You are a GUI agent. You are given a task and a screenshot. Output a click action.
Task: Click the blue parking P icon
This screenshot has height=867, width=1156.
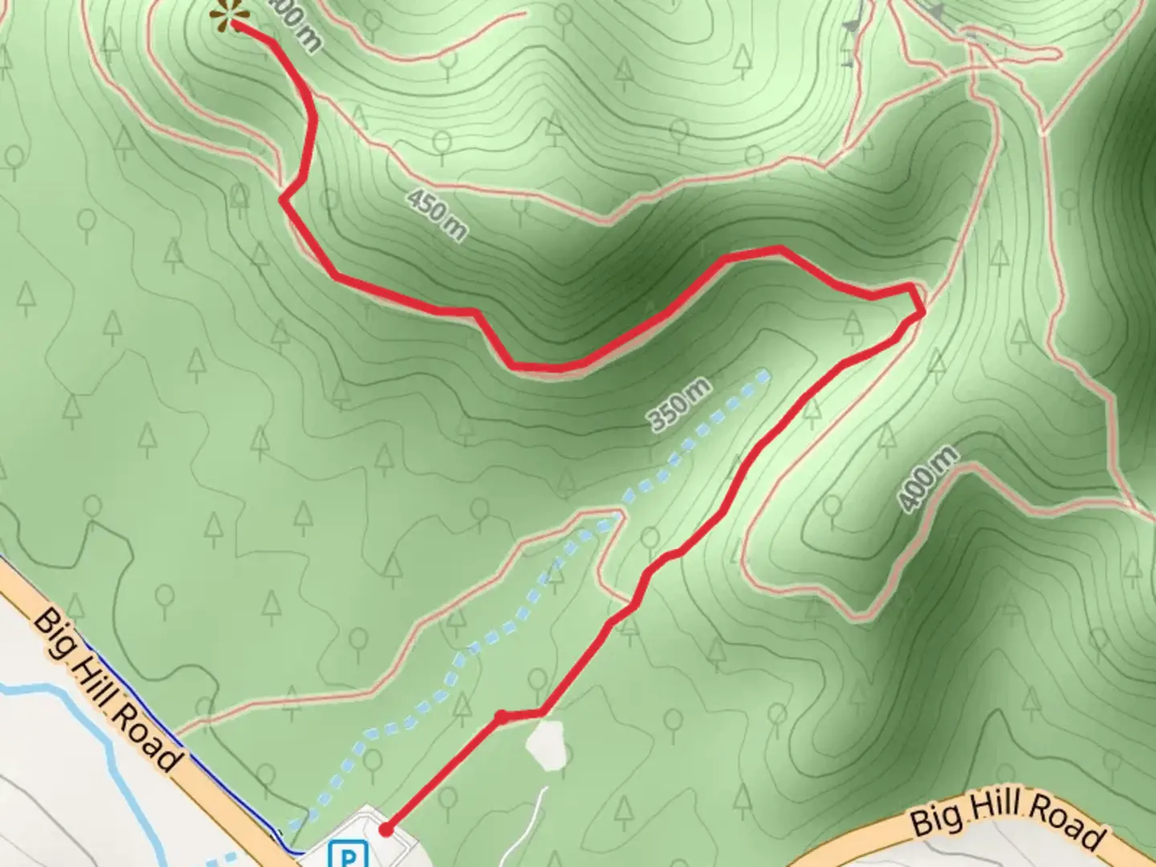point(348,854)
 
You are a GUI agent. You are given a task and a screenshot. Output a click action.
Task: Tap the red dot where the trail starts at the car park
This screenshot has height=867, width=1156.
point(386,829)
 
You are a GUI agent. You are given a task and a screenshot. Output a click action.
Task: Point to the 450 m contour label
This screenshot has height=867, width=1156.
point(435,214)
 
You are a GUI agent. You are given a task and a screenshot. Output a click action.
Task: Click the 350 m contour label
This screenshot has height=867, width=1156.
point(679,405)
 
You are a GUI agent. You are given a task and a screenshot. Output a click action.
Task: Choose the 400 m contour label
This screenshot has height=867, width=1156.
point(928,479)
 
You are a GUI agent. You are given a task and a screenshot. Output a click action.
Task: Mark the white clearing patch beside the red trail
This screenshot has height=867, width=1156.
point(548,744)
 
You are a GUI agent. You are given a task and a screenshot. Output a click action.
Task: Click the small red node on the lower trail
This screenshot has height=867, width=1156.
point(500,714)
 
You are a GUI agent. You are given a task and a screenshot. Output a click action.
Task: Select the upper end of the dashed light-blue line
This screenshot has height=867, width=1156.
point(766,373)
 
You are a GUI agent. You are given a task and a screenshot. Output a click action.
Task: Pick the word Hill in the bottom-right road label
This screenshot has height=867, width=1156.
point(995,809)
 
